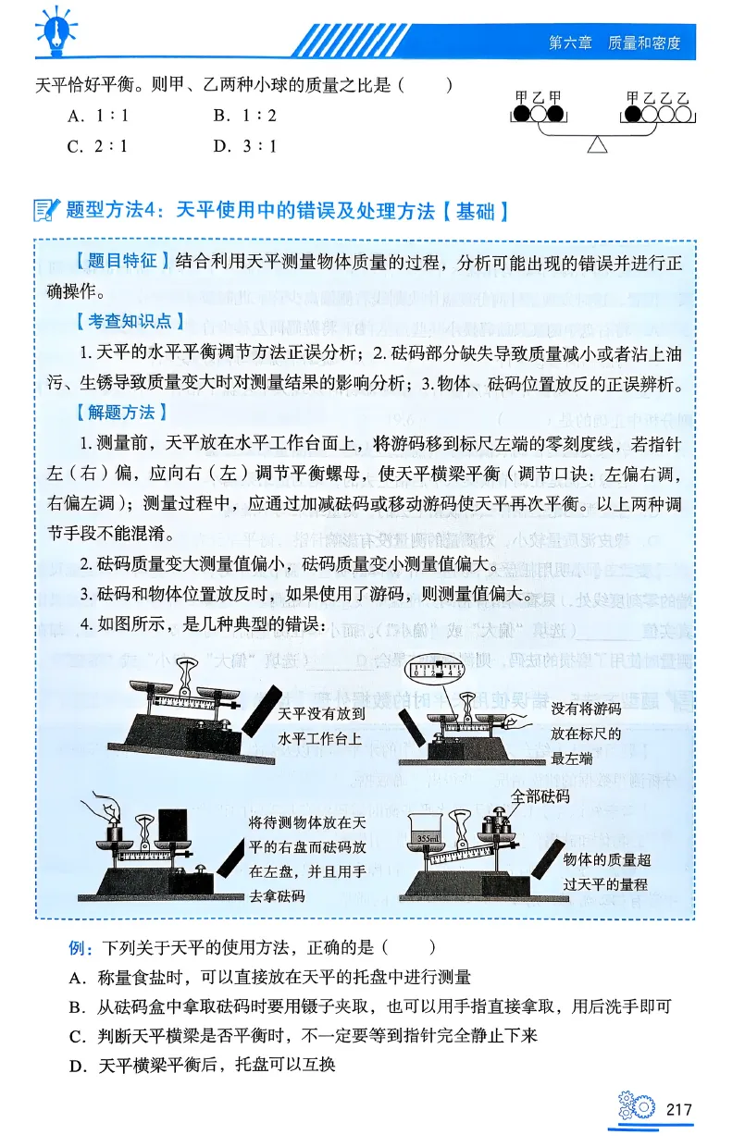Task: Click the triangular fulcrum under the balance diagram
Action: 598,144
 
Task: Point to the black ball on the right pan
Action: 633,115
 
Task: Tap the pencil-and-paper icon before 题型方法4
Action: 44,210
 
